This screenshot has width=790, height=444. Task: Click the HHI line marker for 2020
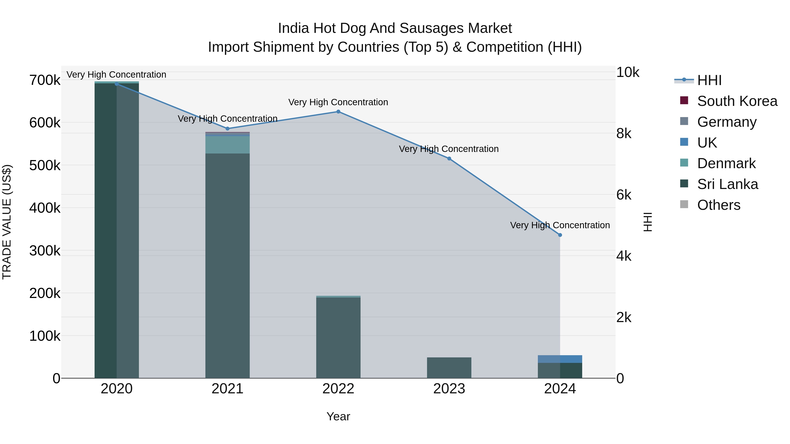(117, 84)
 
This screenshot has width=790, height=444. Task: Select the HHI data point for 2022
(338, 112)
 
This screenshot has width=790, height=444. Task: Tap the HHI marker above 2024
(560, 235)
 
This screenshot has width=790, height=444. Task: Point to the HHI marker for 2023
(449, 159)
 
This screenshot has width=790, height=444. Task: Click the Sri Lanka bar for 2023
(449, 368)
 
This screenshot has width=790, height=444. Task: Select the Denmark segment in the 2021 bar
(227, 145)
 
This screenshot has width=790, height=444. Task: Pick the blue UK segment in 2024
(560, 359)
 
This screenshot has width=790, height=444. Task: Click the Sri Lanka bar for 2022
(338, 337)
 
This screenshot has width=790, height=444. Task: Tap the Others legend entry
(718, 205)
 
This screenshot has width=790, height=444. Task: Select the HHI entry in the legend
(709, 80)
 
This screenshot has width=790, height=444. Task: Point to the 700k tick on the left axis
(45, 80)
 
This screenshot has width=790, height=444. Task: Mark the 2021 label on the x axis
(227, 389)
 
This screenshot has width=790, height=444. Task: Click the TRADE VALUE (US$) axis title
(7, 222)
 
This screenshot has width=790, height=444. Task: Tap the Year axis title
(338, 416)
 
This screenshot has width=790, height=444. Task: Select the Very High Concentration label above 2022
(338, 102)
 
